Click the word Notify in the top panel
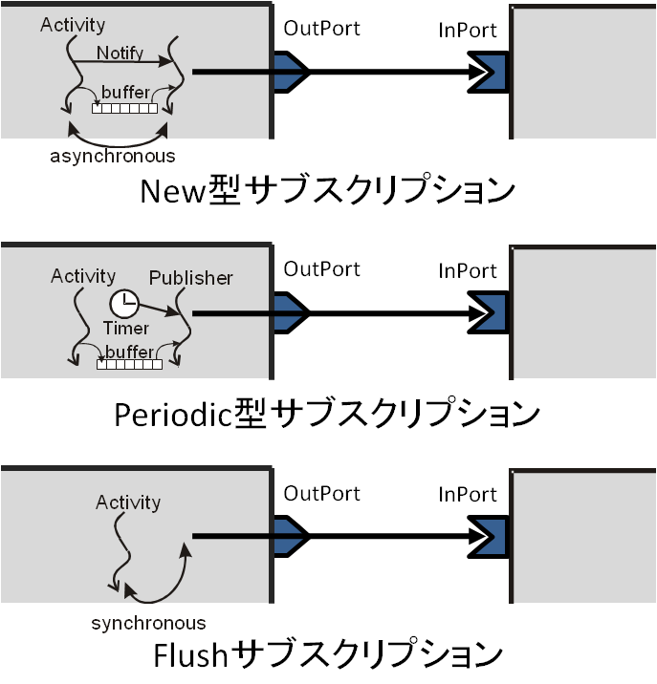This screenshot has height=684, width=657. (120, 53)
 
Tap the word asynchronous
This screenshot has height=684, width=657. (113, 157)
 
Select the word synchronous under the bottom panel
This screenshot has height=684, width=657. (148, 624)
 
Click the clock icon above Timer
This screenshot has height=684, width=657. (124, 304)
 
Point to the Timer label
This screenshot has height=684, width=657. (126, 329)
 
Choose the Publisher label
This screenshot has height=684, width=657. (191, 278)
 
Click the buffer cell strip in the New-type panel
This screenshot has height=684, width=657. (125, 108)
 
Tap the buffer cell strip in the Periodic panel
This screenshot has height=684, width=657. (129, 364)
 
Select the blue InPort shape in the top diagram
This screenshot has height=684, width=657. (491, 73)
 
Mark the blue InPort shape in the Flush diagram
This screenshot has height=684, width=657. (491, 537)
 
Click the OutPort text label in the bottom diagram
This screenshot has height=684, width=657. (322, 494)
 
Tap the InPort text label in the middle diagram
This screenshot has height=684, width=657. (468, 271)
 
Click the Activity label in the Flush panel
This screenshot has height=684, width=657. (128, 502)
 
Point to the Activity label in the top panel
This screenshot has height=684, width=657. (73, 25)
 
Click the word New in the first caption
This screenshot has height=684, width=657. (172, 191)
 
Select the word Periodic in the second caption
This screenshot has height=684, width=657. (173, 416)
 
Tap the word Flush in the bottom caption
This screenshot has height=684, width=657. (191, 654)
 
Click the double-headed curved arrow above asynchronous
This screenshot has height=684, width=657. (118, 143)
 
